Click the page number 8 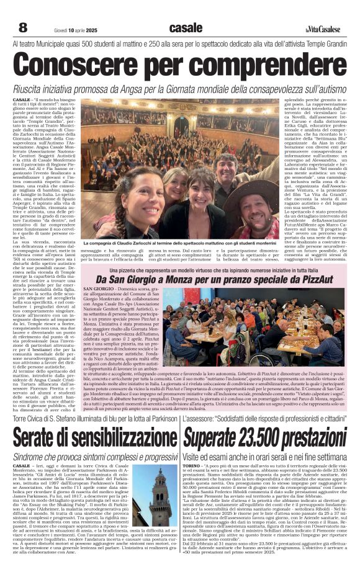[22, 28]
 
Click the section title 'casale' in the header [186, 28]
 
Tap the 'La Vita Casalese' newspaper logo [323, 29]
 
